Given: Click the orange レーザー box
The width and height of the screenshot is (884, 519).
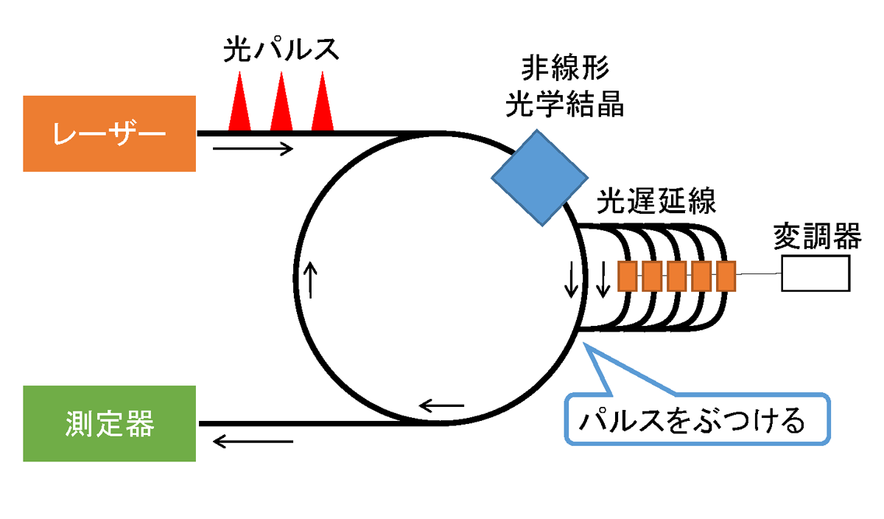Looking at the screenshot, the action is (109, 133).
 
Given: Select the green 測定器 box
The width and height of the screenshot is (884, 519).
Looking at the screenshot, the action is (109, 423).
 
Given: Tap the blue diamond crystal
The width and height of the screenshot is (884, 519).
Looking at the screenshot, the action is (539, 178).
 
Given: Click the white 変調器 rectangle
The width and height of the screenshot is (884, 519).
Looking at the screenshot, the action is (815, 274).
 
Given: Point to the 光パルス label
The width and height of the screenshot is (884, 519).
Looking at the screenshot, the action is (281, 49).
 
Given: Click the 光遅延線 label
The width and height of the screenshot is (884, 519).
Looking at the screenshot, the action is (656, 201).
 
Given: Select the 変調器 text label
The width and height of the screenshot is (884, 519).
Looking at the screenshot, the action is (817, 236).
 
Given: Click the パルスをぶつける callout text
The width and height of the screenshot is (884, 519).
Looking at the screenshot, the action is (692, 420).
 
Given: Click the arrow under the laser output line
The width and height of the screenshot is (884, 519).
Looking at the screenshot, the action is (253, 149).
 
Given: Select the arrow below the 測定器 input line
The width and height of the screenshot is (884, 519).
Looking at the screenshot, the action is (253, 441).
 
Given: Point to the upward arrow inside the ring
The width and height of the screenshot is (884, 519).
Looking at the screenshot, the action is (311, 280).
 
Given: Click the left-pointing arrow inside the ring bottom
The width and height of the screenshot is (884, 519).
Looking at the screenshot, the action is (441, 405).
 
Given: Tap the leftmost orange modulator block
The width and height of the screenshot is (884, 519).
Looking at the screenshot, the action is (628, 276).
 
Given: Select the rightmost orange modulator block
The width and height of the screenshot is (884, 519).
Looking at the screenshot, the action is (726, 276).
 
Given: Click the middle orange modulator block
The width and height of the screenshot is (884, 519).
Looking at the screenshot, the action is (677, 276).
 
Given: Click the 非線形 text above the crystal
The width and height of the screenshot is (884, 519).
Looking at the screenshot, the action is (565, 68).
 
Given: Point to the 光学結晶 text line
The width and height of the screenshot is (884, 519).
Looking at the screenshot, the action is (565, 104).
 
